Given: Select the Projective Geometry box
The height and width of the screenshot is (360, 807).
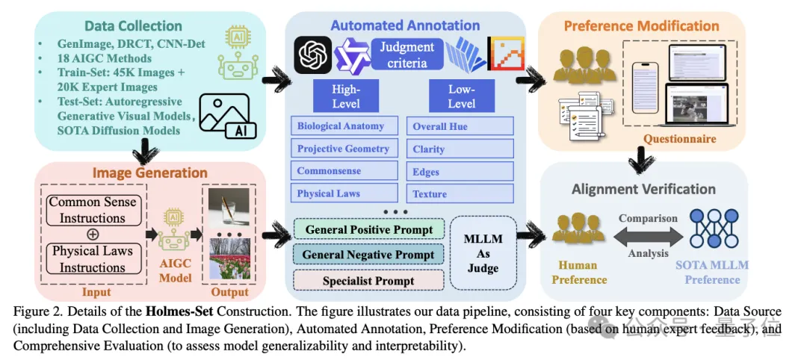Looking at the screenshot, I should [x=343, y=149].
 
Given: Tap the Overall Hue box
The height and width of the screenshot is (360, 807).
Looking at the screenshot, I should [x=460, y=126].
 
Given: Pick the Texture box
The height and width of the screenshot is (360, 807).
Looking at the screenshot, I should [x=460, y=193].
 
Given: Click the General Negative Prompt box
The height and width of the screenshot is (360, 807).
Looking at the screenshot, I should [x=368, y=255].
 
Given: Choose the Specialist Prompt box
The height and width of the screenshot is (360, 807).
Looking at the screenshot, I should [x=368, y=281].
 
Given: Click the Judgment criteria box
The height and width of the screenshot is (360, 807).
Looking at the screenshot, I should [x=406, y=55].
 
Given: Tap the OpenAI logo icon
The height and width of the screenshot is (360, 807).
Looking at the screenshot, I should [x=312, y=55].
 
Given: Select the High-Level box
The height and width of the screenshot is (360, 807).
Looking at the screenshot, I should [x=346, y=96].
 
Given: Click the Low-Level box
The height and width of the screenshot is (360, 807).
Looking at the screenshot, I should [x=461, y=96].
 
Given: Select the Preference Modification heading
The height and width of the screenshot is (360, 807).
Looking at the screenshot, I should [x=641, y=26].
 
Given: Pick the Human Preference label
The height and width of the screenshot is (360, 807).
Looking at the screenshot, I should [x=578, y=273].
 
